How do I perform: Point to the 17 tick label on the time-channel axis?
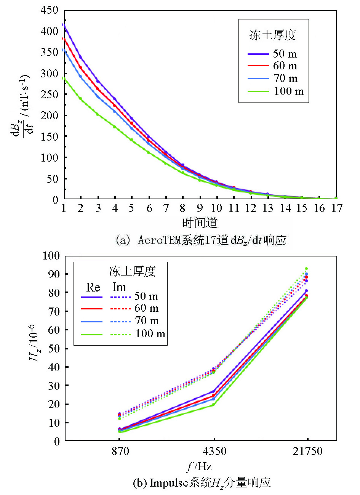tap(336, 208)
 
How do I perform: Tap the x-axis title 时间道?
tap(200, 223)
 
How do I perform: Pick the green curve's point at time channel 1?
tap(64, 78)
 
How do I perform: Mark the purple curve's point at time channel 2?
tap(81, 58)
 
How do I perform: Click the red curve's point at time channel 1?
tap(64, 38)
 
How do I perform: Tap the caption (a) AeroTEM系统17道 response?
tap(201, 240)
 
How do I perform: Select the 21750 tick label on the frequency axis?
tap(307, 452)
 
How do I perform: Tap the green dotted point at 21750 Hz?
tap(306, 269)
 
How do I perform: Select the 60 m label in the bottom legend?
tap(146, 308)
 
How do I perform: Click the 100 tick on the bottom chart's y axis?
tap(52, 256)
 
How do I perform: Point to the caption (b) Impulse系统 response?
tap(202, 483)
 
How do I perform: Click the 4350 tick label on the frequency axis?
tap(214, 452)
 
